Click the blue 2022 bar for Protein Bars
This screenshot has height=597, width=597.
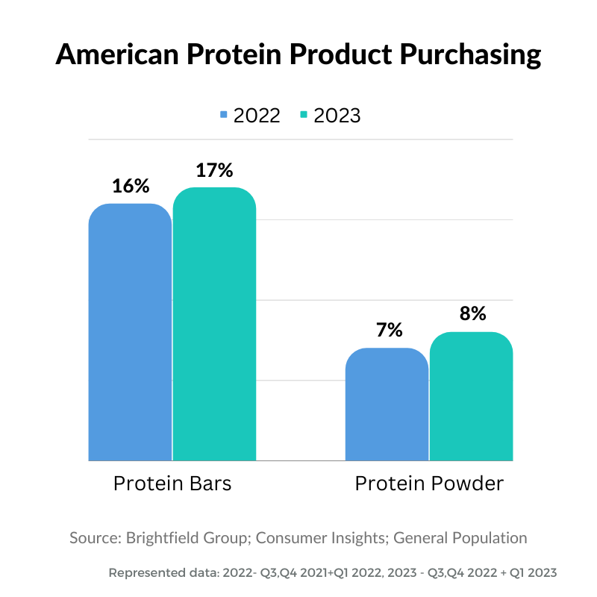(x=130, y=332)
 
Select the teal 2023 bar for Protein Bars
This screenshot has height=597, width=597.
(x=215, y=324)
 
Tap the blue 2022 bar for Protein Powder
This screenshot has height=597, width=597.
(x=387, y=404)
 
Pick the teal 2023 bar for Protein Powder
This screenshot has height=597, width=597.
(x=472, y=396)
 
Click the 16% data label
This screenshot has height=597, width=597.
(x=131, y=186)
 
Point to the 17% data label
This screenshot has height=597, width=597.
(x=215, y=170)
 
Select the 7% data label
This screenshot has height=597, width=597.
(x=389, y=330)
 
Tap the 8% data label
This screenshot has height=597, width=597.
(x=472, y=313)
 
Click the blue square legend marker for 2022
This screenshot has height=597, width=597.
(x=223, y=115)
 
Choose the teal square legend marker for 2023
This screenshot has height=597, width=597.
(x=304, y=115)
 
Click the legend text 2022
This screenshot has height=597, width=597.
(x=257, y=116)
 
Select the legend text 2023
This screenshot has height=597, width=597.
(x=337, y=116)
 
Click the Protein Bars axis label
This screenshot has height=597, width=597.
(x=172, y=484)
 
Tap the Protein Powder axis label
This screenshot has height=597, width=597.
(x=429, y=484)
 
